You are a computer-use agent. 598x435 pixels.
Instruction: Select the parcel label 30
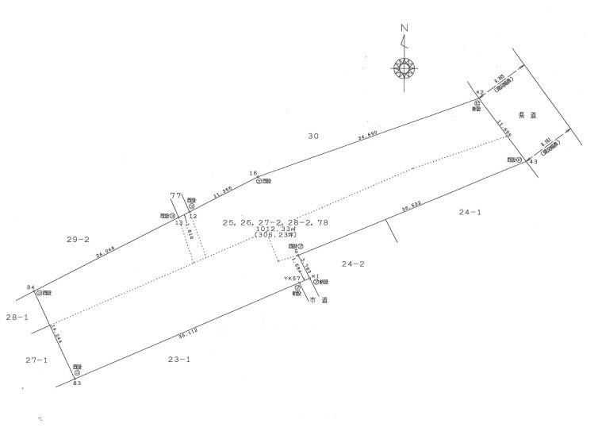313,137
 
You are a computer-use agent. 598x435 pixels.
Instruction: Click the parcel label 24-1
470,212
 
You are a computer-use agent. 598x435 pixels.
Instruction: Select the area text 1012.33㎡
276,229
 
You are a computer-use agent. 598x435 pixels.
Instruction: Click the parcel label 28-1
17,317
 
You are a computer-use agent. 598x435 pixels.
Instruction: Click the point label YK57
291,279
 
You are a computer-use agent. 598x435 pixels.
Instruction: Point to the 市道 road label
318,302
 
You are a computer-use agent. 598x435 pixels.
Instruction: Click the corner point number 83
76,384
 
